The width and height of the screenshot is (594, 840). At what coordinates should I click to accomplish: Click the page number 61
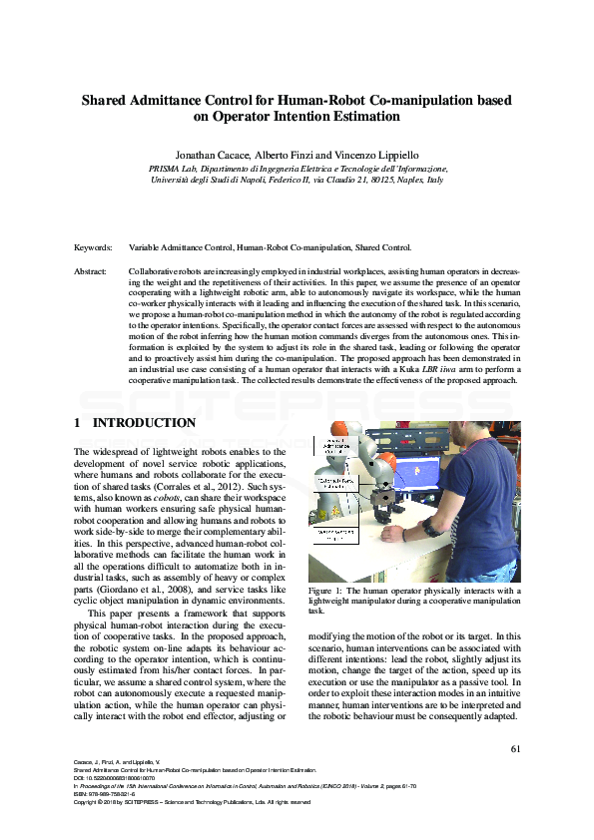[x=515, y=749]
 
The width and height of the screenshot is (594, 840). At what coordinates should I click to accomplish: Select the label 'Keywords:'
[x=94, y=247]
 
